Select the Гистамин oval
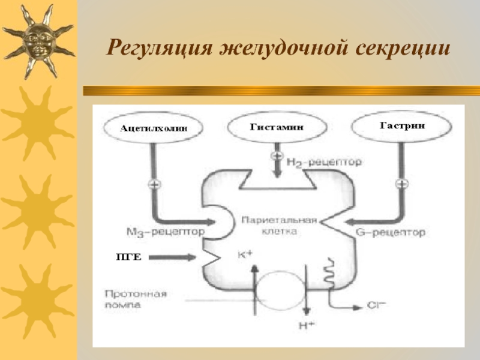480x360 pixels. (x=277, y=127)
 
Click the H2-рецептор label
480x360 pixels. (x=324, y=162)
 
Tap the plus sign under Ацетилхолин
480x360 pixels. (x=153, y=184)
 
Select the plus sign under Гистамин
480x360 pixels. (x=277, y=156)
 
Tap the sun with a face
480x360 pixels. (x=37, y=40)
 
